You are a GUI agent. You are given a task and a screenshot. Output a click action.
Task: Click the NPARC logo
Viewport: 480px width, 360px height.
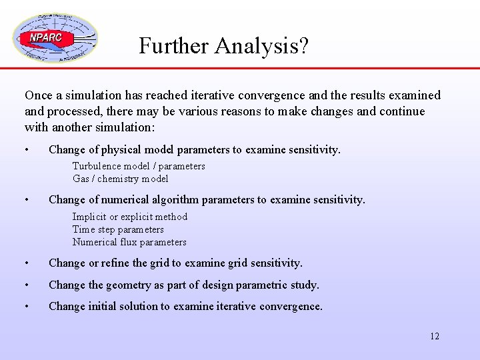click(x=54, y=39)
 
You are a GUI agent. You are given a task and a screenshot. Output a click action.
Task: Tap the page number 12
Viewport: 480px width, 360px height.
click(x=434, y=336)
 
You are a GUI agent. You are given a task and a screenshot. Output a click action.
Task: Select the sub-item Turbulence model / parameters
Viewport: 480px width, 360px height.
click(x=139, y=166)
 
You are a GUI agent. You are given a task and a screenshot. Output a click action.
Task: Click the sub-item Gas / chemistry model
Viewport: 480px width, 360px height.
click(x=120, y=179)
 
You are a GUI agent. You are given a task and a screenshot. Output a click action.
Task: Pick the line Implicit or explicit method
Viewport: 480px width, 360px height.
click(x=130, y=217)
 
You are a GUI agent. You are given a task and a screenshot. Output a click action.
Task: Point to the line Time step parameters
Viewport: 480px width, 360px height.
click(x=118, y=229)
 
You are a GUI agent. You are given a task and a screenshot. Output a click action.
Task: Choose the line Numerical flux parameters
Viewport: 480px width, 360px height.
click(x=129, y=242)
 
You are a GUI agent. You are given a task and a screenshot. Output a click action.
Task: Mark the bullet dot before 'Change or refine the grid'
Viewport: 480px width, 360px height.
click(x=27, y=263)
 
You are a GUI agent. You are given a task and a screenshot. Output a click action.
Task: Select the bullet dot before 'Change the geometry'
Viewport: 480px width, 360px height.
click(x=27, y=285)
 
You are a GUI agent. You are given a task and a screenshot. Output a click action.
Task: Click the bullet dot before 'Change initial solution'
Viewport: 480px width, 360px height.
click(x=27, y=307)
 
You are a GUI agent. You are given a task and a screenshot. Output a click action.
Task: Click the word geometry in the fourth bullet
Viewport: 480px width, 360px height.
click(x=131, y=285)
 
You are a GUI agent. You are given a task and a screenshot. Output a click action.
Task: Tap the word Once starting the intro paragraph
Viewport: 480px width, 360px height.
click(x=37, y=96)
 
